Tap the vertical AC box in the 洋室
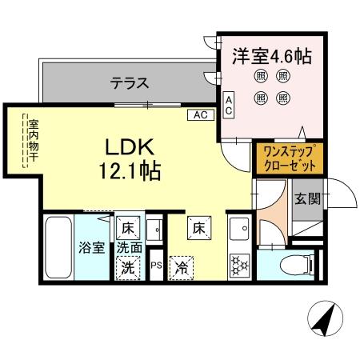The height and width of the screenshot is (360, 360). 229,106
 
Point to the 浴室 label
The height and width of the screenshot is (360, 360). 90,248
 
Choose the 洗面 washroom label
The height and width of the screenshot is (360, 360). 130,248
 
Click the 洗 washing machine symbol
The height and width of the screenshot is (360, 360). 128,269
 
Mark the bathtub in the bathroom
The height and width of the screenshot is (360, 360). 58,248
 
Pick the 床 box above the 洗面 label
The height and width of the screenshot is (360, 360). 126,227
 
